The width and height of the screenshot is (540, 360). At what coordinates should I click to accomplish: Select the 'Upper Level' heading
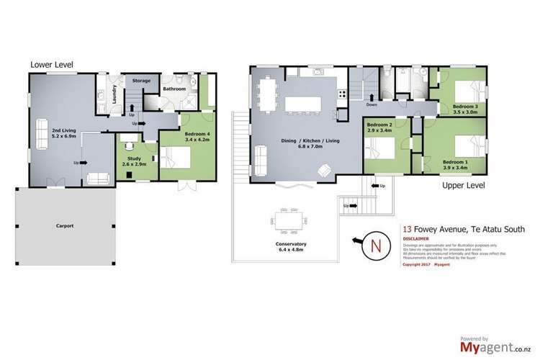pos(465,186)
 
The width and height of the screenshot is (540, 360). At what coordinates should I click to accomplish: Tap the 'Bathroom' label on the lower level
pos(174,89)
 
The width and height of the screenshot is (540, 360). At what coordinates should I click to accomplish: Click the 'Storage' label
pos(141,81)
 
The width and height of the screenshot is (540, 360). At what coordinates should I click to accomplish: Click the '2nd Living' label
pos(65,132)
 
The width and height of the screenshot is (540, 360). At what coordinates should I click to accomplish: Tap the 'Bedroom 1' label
pos(455,161)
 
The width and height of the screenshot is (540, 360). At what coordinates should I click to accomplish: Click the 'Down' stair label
pos(372,104)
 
